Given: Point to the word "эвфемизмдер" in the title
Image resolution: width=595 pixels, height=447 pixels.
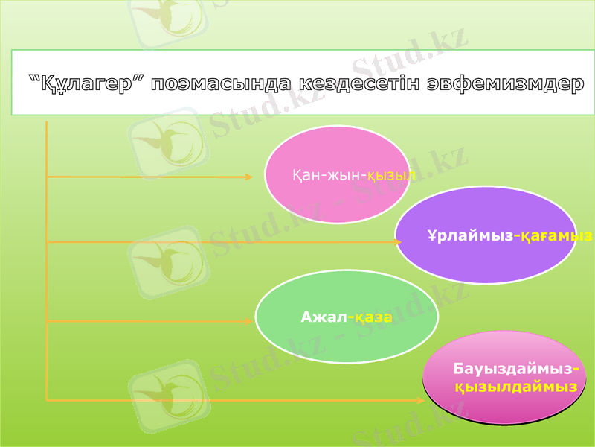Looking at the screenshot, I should [x=505, y=83].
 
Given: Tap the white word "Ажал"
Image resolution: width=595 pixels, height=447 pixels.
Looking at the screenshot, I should [x=324, y=317].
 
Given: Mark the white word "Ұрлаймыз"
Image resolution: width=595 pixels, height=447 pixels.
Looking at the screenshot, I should [x=470, y=236].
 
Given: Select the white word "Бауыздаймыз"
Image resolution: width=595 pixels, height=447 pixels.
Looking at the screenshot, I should [x=512, y=369].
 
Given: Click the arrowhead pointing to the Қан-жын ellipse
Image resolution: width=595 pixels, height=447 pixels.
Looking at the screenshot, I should [x=248, y=177].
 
